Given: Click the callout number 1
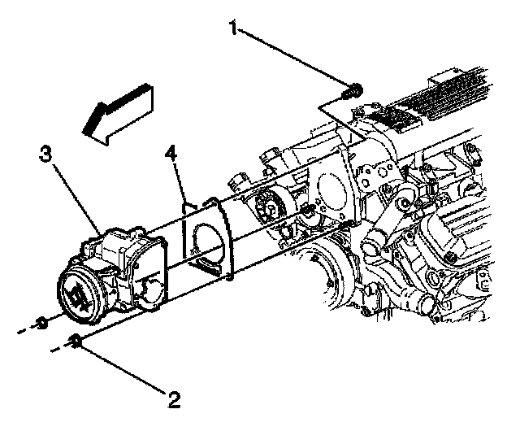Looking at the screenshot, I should tap(234, 29).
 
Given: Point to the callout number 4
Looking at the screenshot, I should tap(171, 152).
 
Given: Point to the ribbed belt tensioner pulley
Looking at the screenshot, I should tap(268, 207).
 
